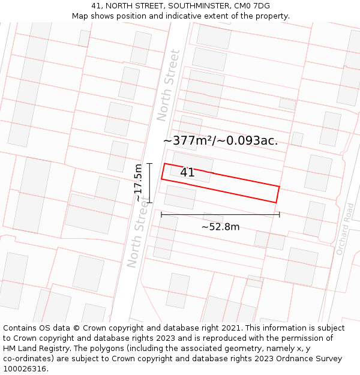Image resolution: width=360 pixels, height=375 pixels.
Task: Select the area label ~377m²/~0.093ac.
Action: click(220, 140)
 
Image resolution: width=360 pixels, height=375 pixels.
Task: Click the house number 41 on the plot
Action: click(187, 173)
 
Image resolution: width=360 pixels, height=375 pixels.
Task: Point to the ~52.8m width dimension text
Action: click(220, 227)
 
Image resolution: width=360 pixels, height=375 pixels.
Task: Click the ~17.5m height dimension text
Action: click(139, 183)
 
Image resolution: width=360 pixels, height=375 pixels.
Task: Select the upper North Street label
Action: click(168, 85)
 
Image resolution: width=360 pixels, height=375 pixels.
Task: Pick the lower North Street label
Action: click(137, 237)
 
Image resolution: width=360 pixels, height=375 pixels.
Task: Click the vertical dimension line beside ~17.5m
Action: click(149, 183)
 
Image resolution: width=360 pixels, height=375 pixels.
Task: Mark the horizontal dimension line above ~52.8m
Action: click(220, 214)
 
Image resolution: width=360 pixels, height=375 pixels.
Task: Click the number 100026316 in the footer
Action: click(26, 369)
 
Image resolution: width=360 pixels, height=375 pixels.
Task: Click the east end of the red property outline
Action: click(278, 194)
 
